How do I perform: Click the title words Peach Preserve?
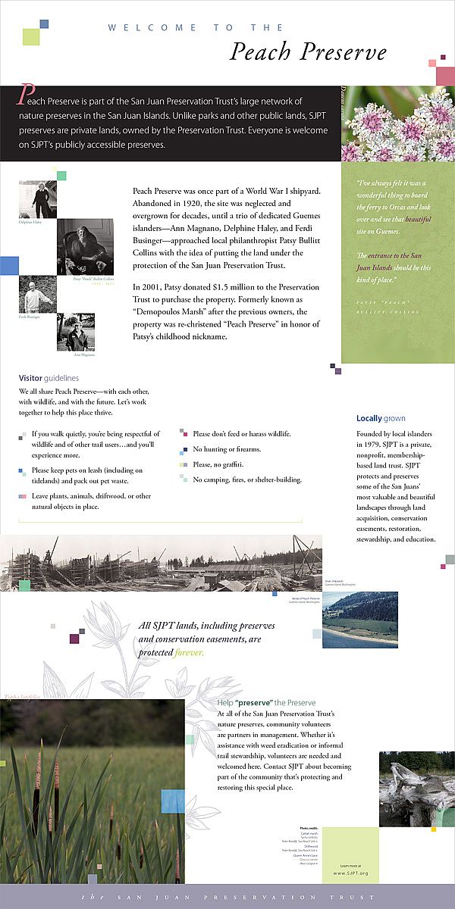pos(308,52)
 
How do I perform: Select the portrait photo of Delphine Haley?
pos(38,199)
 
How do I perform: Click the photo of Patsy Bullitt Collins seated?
pos(85,247)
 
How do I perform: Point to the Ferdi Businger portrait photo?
pos(37,295)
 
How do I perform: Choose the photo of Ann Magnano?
pos(76,332)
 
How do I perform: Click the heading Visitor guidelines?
pos(49,378)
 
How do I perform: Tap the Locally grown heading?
pos(381,418)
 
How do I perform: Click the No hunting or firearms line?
pos(227,449)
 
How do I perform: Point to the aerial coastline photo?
pos(359,617)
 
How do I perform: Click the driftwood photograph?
pos(416,789)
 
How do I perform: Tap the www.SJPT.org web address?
pos(350,873)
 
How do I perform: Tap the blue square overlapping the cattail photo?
pos(173,801)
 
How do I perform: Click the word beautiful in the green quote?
pos(418,219)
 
